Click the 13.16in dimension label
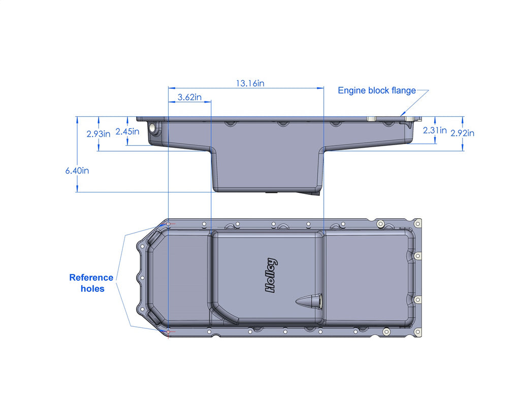coord(249,83)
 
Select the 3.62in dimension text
coord(189,97)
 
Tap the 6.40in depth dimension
coord(77,171)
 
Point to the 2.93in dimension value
coord(98,134)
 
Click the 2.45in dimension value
coord(127,131)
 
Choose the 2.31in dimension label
coord(435,130)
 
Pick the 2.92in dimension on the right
coord(462,133)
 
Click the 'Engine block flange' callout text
coord(377,91)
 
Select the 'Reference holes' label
coord(91,283)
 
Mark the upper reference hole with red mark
coord(169,223)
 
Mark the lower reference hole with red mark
coord(169,332)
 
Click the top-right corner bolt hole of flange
coord(417,222)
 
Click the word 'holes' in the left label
coord(92,289)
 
